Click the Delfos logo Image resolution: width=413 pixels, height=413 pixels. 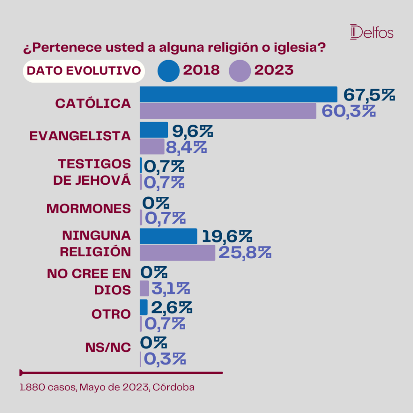click(371, 32)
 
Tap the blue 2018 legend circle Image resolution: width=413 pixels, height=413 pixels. click(169, 71)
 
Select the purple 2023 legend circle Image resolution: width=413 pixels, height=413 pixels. click(240, 71)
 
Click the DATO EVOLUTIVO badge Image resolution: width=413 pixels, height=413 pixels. click(84, 71)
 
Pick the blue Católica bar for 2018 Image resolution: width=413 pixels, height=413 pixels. click(239, 94)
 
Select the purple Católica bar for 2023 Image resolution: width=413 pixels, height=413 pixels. click(228, 111)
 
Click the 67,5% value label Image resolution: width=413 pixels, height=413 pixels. click(369, 95)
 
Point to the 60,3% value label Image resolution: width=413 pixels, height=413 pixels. click(349, 111)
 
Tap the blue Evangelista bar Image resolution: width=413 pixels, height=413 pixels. click(154, 130)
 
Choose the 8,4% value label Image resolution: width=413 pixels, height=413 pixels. click(186, 147)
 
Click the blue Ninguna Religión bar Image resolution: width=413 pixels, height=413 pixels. click(169, 236)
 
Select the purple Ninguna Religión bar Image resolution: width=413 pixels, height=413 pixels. click(177, 253)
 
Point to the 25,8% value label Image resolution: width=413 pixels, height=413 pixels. click(245, 253)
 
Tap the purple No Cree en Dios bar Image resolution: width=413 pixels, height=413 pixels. click(144, 288)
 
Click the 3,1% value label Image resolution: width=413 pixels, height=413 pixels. click(171, 289)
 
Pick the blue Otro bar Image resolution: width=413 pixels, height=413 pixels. click(144, 307)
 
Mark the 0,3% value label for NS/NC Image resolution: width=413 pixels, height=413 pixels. click(165, 359)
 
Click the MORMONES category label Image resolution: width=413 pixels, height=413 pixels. click(88, 209)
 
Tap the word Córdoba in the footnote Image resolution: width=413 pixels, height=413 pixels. click(173, 387)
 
